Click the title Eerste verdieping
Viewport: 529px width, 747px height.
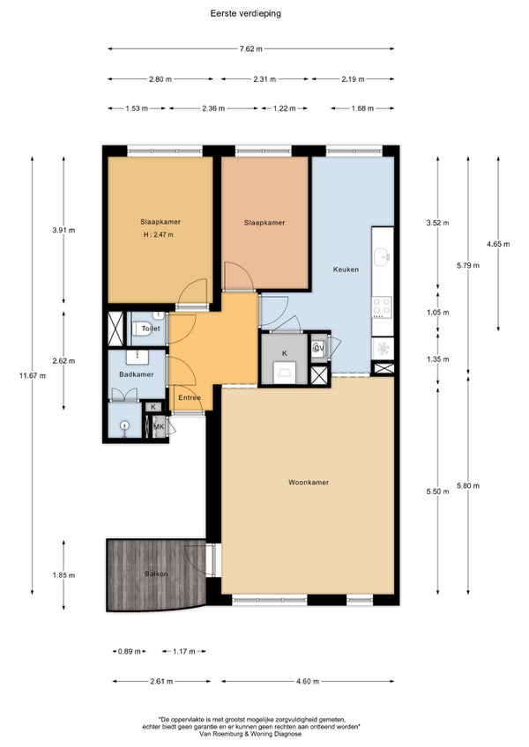[x=246, y=13]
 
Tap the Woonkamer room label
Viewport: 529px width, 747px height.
[x=309, y=482]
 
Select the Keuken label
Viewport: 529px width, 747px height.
[x=346, y=270]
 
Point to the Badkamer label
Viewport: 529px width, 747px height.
[x=137, y=374]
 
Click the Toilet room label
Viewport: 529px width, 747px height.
[x=151, y=329]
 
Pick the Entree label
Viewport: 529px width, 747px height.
[x=190, y=397]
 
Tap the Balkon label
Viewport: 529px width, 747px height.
[x=156, y=573]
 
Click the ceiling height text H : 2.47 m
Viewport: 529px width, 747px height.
[x=159, y=234]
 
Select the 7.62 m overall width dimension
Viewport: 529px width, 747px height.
[x=251, y=48]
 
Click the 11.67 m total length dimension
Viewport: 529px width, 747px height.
[x=33, y=375]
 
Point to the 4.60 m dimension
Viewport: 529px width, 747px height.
[x=308, y=681]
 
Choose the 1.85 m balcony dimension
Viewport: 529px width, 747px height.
[x=63, y=575]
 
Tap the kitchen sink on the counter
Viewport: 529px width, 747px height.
[x=383, y=257]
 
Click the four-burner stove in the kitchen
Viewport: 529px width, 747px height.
[x=382, y=307]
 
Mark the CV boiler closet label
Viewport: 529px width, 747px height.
[x=318, y=348]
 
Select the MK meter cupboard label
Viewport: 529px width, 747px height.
[x=159, y=426]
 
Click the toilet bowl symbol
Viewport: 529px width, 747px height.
[x=142, y=329]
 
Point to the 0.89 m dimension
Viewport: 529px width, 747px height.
[x=130, y=651]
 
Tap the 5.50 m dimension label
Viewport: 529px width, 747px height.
[x=438, y=492]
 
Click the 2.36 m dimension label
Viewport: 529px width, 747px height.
[x=213, y=108]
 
